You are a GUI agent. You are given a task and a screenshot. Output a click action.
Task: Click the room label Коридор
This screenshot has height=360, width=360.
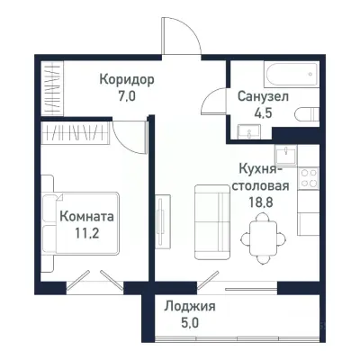click(x=127, y=79)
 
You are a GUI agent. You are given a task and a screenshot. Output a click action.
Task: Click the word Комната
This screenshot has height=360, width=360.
click(x=86, y=216)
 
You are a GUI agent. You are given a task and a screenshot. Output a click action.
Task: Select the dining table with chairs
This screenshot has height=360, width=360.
click(x=260, y=236)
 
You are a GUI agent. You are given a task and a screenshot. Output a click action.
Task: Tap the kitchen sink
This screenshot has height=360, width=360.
click(x=285, y=152)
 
